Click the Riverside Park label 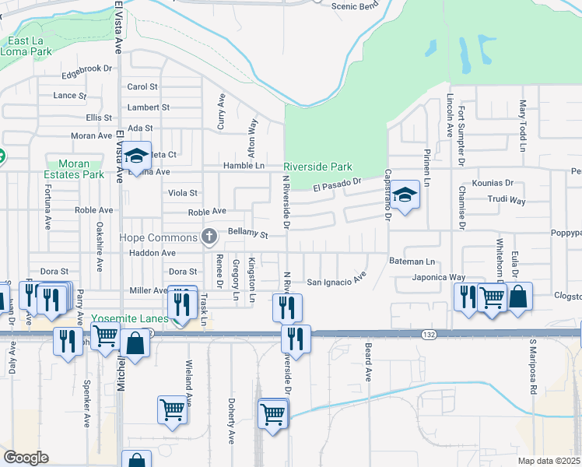click(317, 167)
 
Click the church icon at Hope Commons click(208, 235)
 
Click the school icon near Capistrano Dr click(405, 196)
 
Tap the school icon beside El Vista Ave click(136, 158)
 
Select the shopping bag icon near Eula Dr click(517, 297)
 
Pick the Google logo click(26, 458)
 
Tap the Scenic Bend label click(354, 7)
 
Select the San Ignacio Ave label click(336, 281)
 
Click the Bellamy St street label click(247, 233)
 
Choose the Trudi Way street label click(507, 200)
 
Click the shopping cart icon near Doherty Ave click(172, 409)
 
